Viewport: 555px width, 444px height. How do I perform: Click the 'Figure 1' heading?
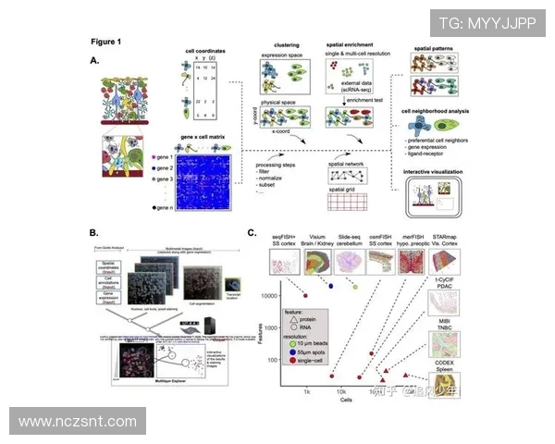[x=106, y=42]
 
